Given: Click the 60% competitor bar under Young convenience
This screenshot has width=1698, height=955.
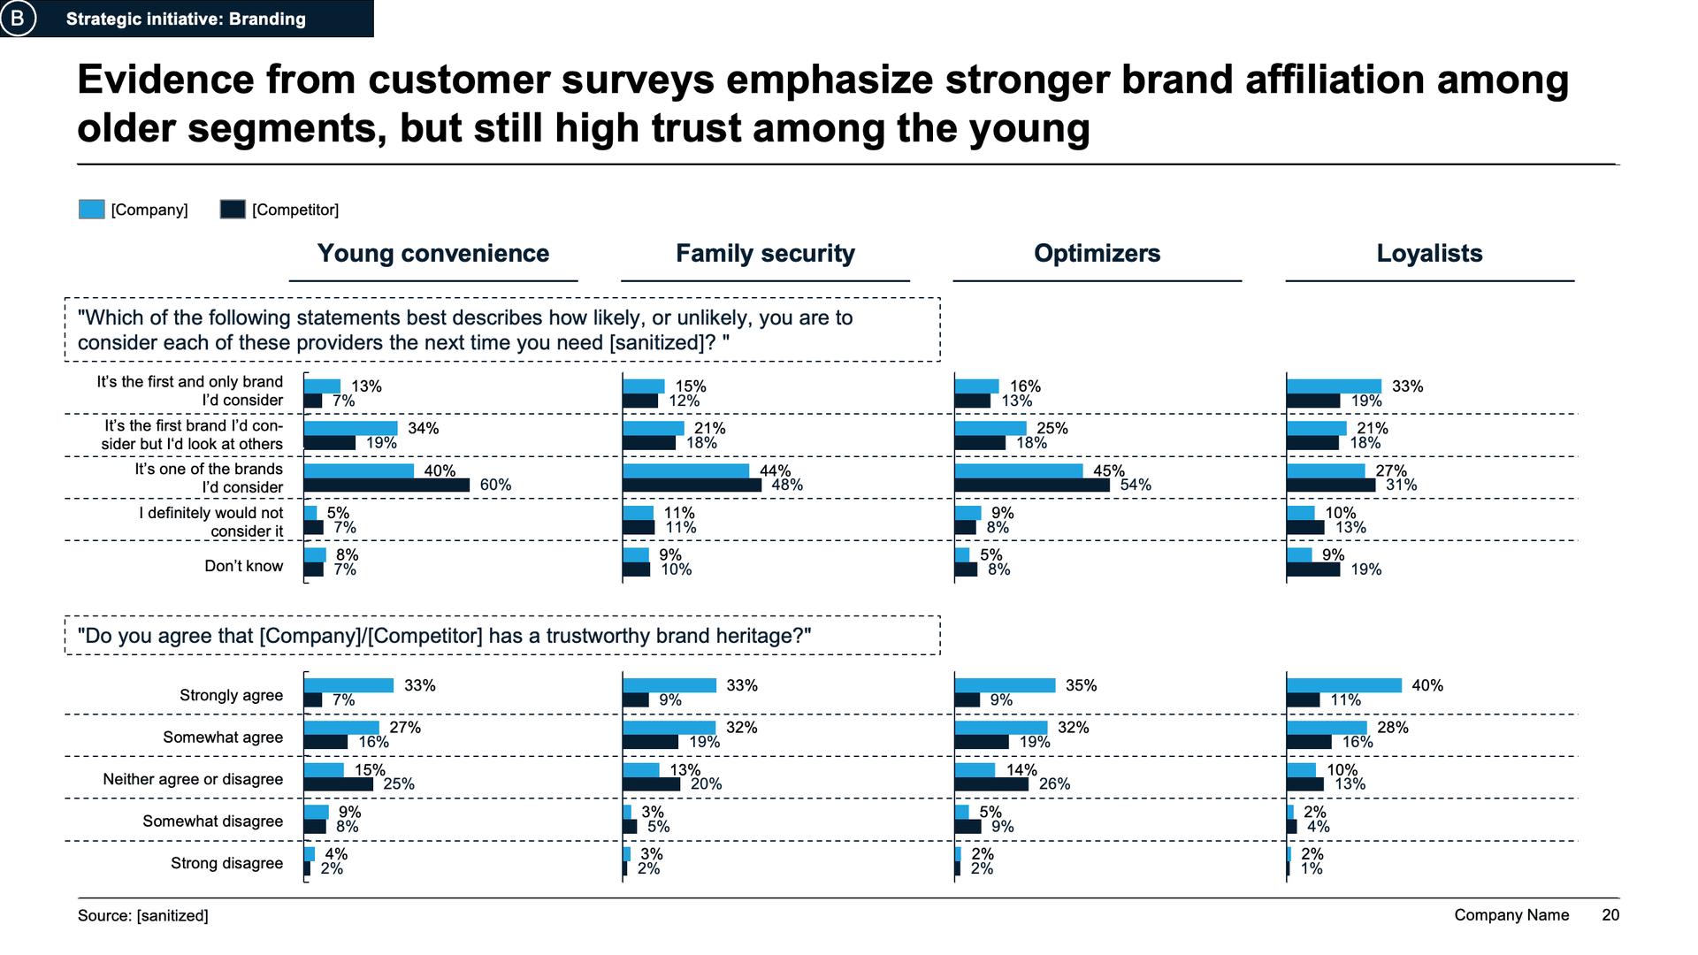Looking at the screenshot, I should coord(386,485).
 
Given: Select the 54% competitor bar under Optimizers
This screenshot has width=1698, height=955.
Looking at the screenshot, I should coord(1032,485).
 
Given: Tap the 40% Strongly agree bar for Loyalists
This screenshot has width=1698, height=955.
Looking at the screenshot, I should coord(1344,685).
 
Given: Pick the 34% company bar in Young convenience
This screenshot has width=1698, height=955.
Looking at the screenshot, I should coord(350,429).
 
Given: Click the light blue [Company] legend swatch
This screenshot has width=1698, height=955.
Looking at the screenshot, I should coord(92,210).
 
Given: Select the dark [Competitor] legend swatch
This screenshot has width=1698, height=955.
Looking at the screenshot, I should coord(233,210).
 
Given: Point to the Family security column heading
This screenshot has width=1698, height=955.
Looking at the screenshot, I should coord(765,254).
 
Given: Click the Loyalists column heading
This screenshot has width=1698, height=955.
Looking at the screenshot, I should coord(1429,254).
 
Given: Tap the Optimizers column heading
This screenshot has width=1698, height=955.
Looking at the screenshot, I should coord(1097,254).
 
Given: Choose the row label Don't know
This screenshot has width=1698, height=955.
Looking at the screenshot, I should coord(244,566).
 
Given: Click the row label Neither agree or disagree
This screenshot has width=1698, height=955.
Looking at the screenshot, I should coord(193,779).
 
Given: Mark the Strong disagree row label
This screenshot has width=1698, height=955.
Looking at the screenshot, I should coord(226,863).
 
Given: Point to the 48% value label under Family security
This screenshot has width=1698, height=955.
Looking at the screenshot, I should coord(787,485).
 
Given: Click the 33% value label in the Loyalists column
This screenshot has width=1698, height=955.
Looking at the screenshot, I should coord(1408,386).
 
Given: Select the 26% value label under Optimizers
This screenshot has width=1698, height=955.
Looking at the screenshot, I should coord(1054,784).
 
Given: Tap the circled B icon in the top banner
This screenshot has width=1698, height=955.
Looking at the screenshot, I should coord(18,19).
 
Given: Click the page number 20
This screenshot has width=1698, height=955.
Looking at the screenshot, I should coord(1610,915).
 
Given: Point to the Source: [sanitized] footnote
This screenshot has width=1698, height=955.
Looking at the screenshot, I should coord(143,916).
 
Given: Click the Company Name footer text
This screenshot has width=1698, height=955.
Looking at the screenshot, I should coord(1511,915).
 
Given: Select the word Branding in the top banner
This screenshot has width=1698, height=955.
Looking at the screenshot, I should coord(267,19).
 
